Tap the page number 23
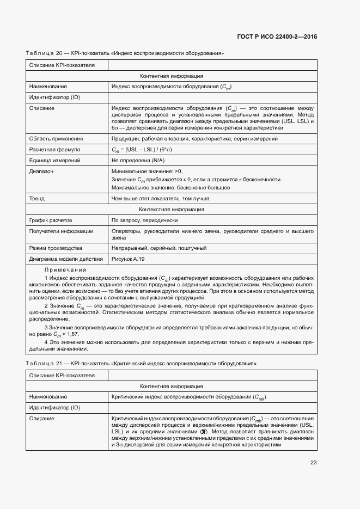[x=313, y=463]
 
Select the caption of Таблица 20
[x=125, y=53]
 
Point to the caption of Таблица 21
[x=141, y=363]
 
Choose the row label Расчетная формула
[x=54, y=149]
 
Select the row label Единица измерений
[x=54, y=161]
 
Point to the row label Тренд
[x=37, y=199]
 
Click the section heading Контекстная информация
[x=172, y=209]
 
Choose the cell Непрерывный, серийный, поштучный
[x=158, y=248]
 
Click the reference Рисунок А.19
[x=127, y=259]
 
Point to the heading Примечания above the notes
[x=65, y=270]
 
